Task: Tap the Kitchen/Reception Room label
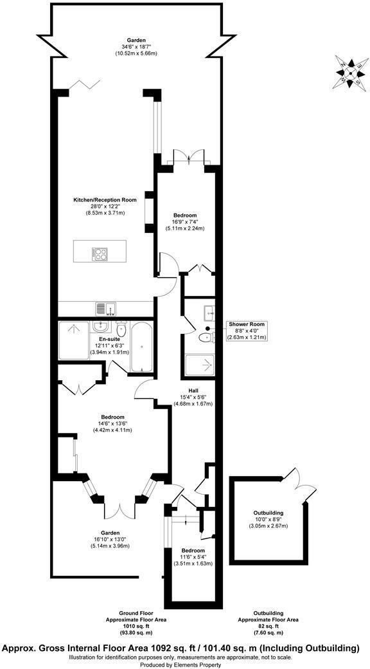coord(104,206)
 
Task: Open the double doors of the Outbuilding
coord(296,479)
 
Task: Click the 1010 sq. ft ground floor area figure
coord(136,625)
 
